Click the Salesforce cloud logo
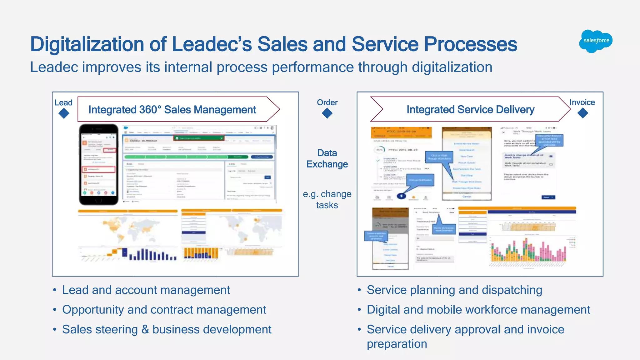click(596, 41)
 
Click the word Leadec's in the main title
click(212, 44)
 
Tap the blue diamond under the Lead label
click(64, 113)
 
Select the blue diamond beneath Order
click(327, 113)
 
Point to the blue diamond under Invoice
click(582, 113)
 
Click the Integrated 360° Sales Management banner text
click(172, 110)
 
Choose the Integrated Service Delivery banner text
click(470, 110)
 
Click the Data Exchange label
click(327, 158)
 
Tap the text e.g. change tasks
click(327, 199)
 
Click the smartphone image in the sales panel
click(99, 164)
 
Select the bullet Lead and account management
click(146, 290)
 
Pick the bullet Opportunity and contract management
click(164, 310)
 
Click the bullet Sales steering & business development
click(167, 329)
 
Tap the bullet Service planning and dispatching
click(454, 290)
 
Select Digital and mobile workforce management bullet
click(478, 310)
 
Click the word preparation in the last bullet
click(397, 344)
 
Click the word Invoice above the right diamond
click(582, 102)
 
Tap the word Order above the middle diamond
click(327, 102)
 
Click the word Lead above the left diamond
click(63, 102)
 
